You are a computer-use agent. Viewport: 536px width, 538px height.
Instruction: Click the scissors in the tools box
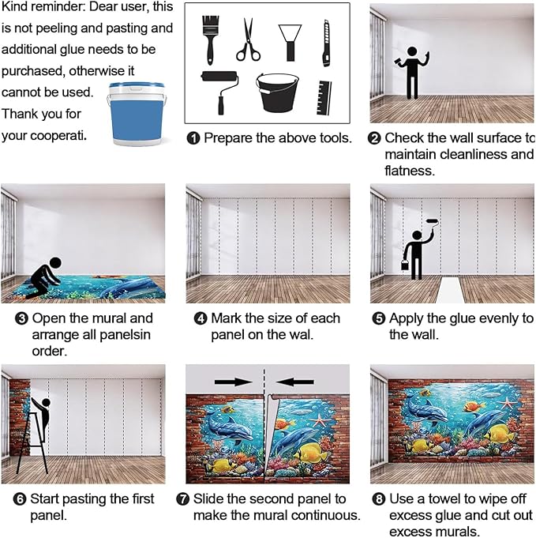point(248,40)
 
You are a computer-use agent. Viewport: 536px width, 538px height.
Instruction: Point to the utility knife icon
point(325,43)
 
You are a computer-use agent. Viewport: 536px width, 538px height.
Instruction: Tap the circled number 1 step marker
point(193,138)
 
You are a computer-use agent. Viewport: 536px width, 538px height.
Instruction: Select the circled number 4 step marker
point(201,319)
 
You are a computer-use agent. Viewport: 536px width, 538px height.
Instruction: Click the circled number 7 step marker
point(193,499)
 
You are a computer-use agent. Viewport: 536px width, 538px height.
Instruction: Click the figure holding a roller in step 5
point(415,249)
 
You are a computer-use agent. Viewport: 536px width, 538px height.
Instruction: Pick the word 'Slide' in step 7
point(220,499)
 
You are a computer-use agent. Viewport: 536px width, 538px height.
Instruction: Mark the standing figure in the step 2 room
point(411,72)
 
